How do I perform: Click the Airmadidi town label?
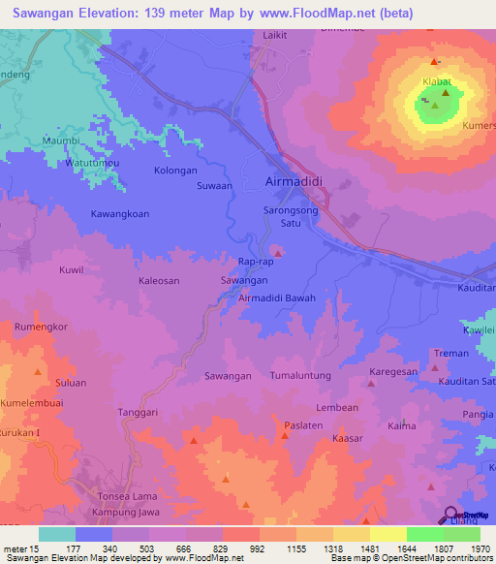[x=295, y=182]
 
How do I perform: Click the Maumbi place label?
[x=62, y=142]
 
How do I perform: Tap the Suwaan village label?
[x=215, y=185]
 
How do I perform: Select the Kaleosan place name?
[x=160, y=280]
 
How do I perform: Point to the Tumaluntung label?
[x=300, y=375]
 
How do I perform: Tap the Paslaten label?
[x=303, y=424]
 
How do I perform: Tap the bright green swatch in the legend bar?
[x=424, y=534]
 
